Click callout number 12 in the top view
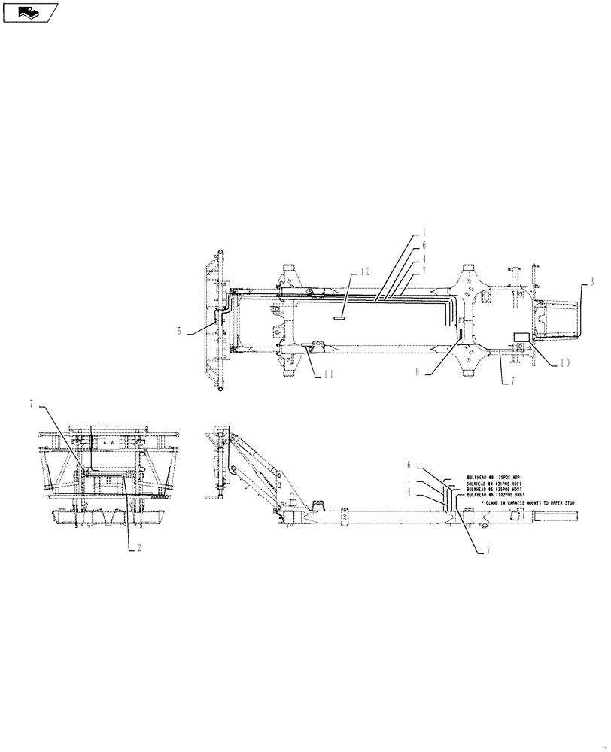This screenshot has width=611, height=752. pos(365,271)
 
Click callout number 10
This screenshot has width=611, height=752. pos(564,363)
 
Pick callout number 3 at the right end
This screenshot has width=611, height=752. pos(593,282)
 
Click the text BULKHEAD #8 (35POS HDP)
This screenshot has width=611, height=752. pos(494,478)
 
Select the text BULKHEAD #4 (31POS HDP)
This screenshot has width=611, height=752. pos(494,484)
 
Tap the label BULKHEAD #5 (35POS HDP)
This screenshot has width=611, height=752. pos(494,490)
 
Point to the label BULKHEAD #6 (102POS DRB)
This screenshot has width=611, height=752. pos(495,496)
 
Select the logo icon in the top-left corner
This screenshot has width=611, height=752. pos(30,13)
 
